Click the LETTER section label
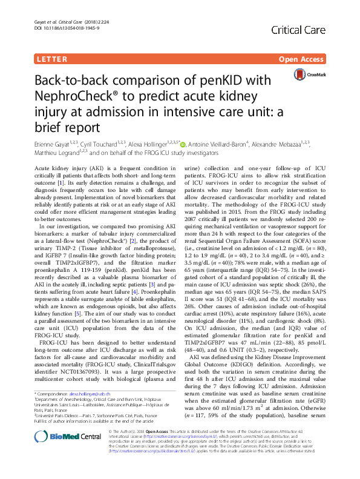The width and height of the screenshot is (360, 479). click(x=51, y=59)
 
